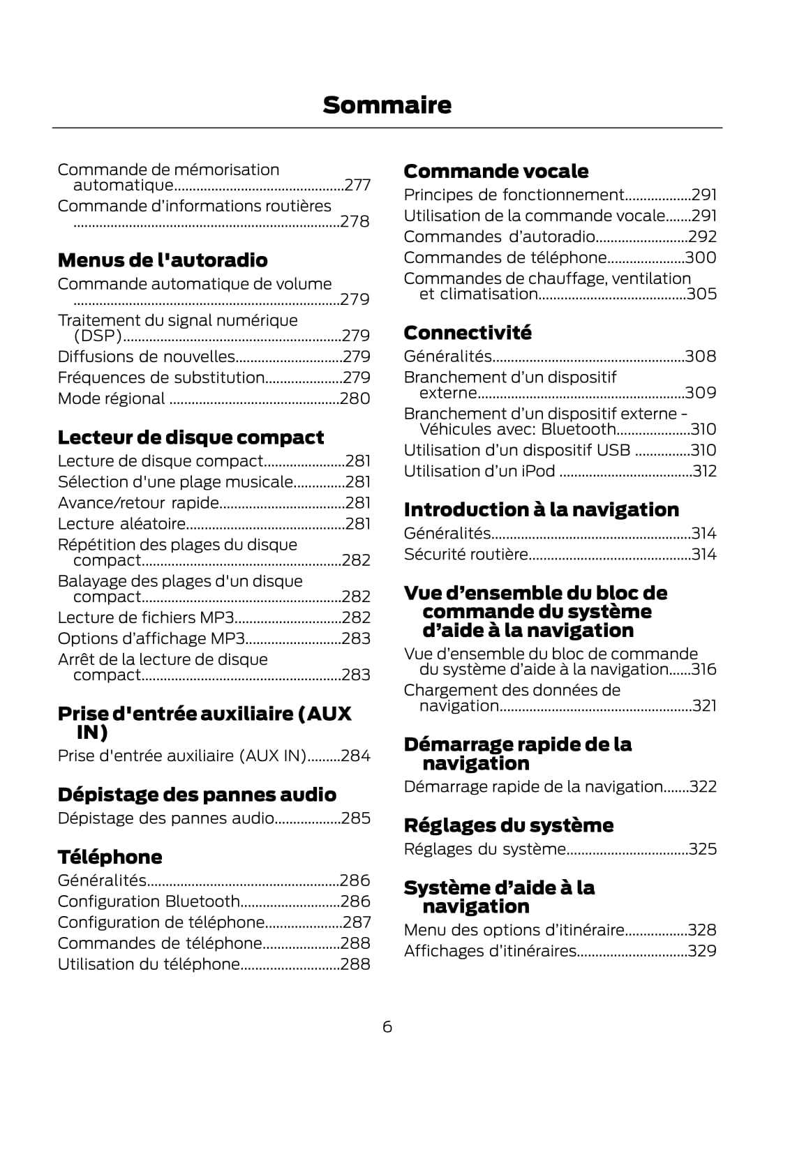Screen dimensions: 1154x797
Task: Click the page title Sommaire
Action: [387, 105]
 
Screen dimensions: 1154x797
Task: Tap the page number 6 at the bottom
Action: [387, 1027]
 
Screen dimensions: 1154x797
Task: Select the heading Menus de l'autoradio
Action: [163, 260]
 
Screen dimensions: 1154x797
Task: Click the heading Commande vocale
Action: [496, 171]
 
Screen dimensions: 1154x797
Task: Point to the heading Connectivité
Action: [467, 333]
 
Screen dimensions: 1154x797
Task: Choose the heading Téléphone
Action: [110, 857]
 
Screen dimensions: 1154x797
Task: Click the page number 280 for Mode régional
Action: [355, 398]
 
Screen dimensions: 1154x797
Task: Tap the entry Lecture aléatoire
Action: [121, 524]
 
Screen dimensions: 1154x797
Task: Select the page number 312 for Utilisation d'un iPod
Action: [704, 471]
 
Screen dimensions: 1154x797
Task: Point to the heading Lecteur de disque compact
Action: [191, 437]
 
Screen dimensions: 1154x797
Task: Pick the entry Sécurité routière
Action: [465, 555]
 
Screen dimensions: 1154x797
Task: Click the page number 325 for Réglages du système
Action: [702, 849]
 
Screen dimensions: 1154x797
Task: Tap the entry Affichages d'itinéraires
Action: [490, 951]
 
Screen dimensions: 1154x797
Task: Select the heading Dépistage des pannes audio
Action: [197, 795]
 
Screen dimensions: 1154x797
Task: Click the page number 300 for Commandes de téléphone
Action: [701, 257]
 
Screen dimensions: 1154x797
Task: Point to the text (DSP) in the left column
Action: [98, 336]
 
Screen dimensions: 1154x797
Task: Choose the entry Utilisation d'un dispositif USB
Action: [516, 450]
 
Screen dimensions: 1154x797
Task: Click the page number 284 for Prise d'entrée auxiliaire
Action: [355, 756]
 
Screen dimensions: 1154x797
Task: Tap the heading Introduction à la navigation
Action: [541, 510]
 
